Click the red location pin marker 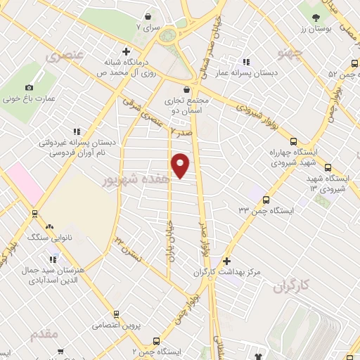pyautogui.click(x=181, y=165)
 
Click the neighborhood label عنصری pyautogui.click(x=65, y=55)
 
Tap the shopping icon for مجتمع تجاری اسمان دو pyautogui.click(x=186, y=89)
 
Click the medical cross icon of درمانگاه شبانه pyautogui.click(x=126, y=51)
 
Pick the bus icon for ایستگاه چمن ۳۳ pyautogui.click(x=266, y=200)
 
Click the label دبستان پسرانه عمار pyautogui.click(x=266, y=72)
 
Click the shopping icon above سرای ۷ pyautogui.click(x=148, y=16)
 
